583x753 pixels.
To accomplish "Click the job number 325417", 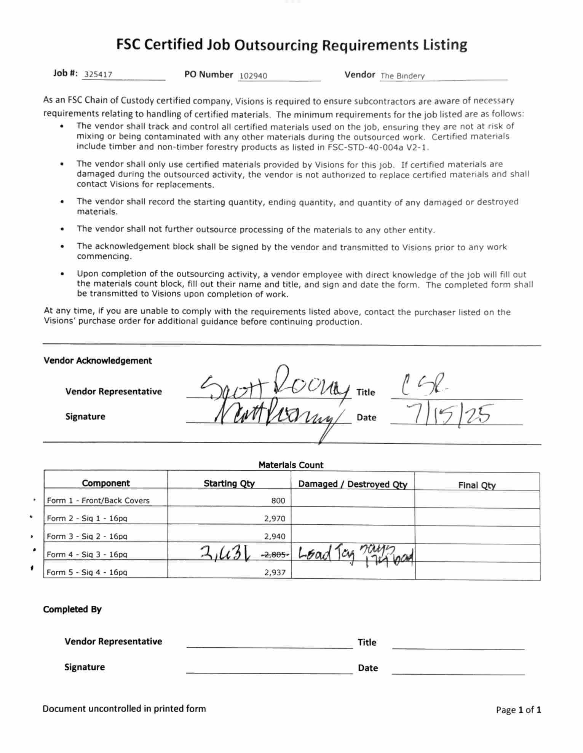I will pos(98,75).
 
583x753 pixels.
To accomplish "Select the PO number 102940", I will pos(253,76).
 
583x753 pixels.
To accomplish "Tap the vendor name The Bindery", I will pos(403,76).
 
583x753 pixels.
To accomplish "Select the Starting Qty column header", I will pos(229,483).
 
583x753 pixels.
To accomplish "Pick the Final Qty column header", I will pos(477,485).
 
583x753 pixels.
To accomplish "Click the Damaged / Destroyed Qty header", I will pos(353,484).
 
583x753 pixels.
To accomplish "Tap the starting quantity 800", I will pos(278,500).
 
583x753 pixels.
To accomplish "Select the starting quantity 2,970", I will pos(275,518).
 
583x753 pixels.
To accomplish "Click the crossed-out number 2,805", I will pos(275,555).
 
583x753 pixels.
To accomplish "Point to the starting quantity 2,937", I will pos(275,572).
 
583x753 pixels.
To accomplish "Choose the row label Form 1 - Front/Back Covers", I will pos(98,500).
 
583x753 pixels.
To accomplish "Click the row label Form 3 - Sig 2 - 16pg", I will pos(87,536).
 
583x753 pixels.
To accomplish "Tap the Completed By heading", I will pos(72,609).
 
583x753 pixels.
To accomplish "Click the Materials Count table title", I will pos(291,465).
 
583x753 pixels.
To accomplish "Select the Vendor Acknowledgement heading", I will pos(97,360).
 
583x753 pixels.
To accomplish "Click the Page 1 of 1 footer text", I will pos(518,710).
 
